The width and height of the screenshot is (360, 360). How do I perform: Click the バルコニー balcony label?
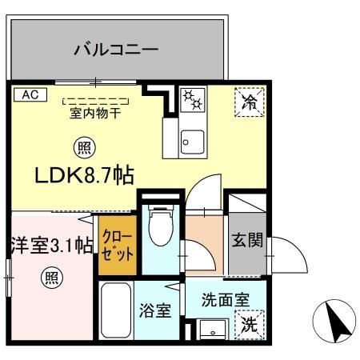tap(115, 50)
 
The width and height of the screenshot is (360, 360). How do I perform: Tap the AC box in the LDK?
tap(29, 94)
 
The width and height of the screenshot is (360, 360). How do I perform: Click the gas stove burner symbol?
tap(192, 98)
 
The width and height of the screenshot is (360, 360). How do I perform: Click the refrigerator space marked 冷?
tap(249, 102)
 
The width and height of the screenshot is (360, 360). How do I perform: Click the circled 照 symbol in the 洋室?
tap(50, 278)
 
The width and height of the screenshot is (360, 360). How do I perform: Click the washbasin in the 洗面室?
tap(212, 328)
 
